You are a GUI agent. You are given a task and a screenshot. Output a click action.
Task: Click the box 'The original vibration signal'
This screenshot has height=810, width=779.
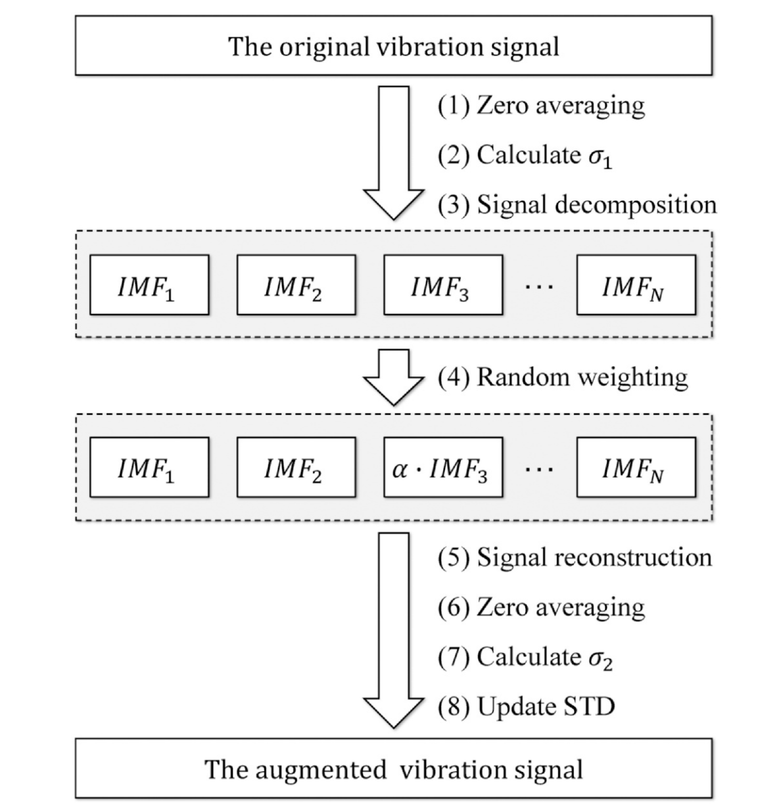[394, 45]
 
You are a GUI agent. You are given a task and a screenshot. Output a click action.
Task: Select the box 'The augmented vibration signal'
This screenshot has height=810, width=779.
[394, 768]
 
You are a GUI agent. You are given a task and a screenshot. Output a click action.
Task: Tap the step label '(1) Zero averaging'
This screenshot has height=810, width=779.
[541, 106]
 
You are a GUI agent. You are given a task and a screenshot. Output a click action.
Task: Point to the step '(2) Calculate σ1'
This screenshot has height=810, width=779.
[525, 156]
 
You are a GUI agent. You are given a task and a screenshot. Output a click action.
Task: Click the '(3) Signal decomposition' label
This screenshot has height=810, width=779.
[577, 205]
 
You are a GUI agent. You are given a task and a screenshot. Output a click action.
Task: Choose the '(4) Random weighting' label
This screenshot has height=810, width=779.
[563, 377]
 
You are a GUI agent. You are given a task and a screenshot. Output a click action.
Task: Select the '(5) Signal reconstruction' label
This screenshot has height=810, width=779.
[575, 558]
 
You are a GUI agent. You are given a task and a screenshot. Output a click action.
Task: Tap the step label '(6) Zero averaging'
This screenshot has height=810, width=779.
[541, 608]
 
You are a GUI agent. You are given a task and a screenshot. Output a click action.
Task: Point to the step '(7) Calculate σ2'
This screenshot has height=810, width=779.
[525, 657]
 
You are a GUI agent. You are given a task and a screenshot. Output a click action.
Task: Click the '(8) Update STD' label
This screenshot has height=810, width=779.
[527, 706]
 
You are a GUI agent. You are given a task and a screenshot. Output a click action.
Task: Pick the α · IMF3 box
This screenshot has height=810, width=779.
[443, 467]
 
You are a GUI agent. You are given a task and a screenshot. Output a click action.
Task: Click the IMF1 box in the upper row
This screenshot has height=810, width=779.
[149, 285]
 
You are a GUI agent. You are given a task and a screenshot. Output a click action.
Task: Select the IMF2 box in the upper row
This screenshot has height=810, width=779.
[296, 285]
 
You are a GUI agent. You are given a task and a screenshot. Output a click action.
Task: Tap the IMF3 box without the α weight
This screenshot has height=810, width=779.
[443, 285]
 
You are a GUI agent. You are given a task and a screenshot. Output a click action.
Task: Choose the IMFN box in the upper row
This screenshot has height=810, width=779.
[636, 285]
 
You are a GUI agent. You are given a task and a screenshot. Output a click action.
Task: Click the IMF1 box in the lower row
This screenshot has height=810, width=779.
[149, 467]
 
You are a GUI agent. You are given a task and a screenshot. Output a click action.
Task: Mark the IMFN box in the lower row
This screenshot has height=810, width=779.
[636, 467]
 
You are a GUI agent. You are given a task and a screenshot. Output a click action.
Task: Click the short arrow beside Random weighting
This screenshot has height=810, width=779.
[394, 377]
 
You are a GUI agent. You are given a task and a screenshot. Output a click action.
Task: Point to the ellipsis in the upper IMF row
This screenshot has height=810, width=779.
[539, 286]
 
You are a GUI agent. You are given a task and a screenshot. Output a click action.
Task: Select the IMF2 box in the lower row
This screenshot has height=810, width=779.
[296, 467]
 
